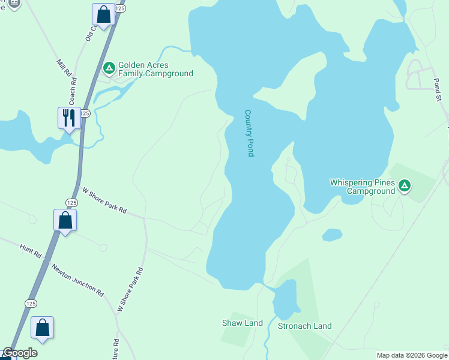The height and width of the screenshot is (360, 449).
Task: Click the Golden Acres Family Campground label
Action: click(x=155, y=70)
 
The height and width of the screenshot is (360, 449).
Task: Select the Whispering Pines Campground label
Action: click(x=363, y=187)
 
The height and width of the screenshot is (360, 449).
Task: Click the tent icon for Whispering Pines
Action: click(x=405, y=187)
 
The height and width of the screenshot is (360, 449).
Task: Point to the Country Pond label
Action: click(x=249, y=133)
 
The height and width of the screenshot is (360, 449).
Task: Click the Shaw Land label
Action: click(x=243, y=323)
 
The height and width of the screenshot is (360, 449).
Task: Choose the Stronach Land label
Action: click(x=304, y=326)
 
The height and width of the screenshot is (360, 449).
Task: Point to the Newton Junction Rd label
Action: click(x=77, y=280)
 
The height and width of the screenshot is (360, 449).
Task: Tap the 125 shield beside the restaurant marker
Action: click(x=85, y=113)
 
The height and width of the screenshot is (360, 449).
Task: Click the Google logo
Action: click(x=20, y=353)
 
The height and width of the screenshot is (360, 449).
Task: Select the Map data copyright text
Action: click(x=412, y=355)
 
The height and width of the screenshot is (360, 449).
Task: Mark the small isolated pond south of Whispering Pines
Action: click(x=332, y=235)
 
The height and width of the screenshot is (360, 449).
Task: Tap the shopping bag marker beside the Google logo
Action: click(x=42, y=328)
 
